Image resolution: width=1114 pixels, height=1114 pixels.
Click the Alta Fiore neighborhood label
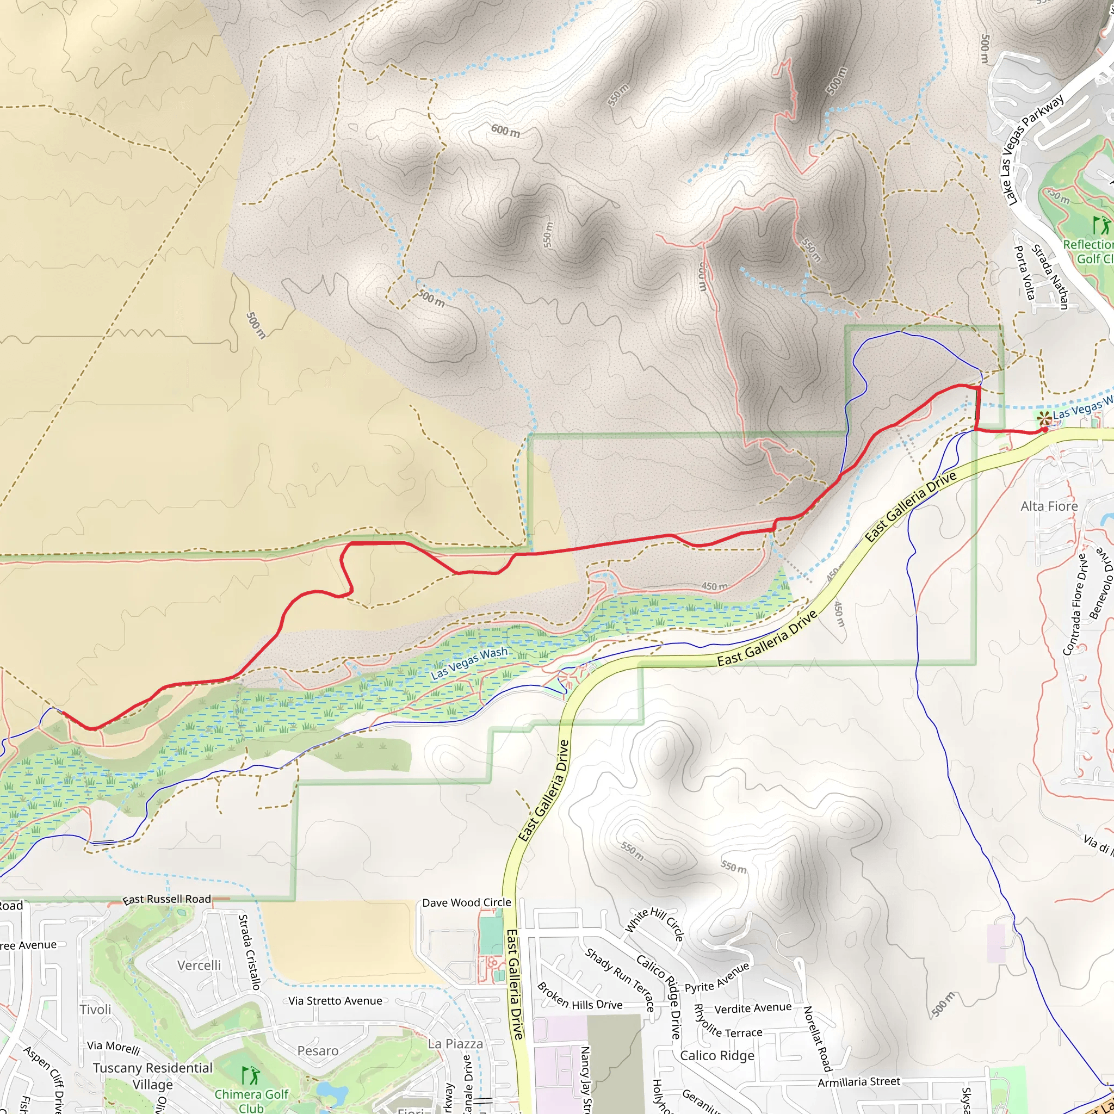coord(1049,506)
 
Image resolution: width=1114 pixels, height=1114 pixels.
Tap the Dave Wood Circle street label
coord(467,902)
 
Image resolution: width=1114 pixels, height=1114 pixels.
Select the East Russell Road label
coord(166,899)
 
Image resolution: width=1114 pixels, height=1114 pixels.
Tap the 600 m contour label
coord(505,131)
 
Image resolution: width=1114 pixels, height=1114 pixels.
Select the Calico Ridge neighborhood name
coord(717,1056)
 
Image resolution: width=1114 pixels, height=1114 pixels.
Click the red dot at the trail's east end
coord(1044,429)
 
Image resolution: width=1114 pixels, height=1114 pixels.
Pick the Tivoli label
coord(95,1010)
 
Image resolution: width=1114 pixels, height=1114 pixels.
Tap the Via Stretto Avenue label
coord(335,1001)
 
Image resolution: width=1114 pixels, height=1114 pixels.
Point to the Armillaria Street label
coord(858,1082)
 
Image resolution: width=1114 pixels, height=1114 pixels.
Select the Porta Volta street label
coord(1025,272)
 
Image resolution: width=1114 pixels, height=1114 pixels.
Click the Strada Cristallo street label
coord(250,952)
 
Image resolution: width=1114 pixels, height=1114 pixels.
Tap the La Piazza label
coord(455,1044)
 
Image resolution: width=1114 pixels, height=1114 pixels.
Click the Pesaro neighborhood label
coord(317,1050)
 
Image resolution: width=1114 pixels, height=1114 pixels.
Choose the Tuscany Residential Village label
coord(152,1076)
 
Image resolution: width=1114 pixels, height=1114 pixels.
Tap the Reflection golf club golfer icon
coord(1100,224)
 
